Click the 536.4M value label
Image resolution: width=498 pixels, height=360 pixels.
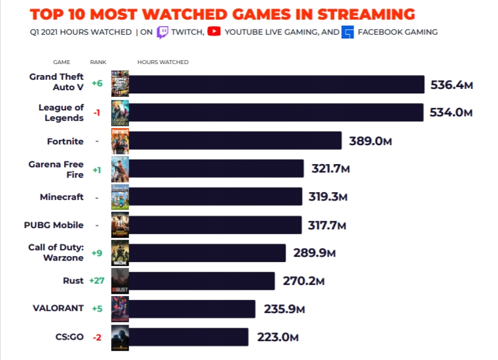click(x=452, y=85)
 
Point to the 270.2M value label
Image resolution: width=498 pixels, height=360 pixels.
click(x=303, y=281)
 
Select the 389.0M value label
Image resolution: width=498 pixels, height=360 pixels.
click(x=370, y=141)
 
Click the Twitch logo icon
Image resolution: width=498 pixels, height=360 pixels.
click(x=163, y=32)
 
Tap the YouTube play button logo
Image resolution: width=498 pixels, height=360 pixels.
click(x=214, y=31)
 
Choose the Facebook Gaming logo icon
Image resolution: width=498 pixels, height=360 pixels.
click(x=347, y=32)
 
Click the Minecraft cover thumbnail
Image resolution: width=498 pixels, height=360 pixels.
click(x=120, y=197)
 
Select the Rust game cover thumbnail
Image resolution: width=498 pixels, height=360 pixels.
click(x=120, y=281)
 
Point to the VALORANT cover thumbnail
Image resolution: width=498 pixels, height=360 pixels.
click(x=120, y=309)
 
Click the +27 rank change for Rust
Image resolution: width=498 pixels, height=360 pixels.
click(x=96, y=281)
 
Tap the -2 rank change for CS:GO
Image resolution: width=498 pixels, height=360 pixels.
click(x=97, y=337)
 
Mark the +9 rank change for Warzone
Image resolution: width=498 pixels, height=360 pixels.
click(x=97, y=253)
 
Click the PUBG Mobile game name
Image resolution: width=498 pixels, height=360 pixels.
click(x=54, y=225)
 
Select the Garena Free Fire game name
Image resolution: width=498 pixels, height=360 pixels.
click(x=56, y=169)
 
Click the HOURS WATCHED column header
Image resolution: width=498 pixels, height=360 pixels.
click(x=163, y=62)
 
